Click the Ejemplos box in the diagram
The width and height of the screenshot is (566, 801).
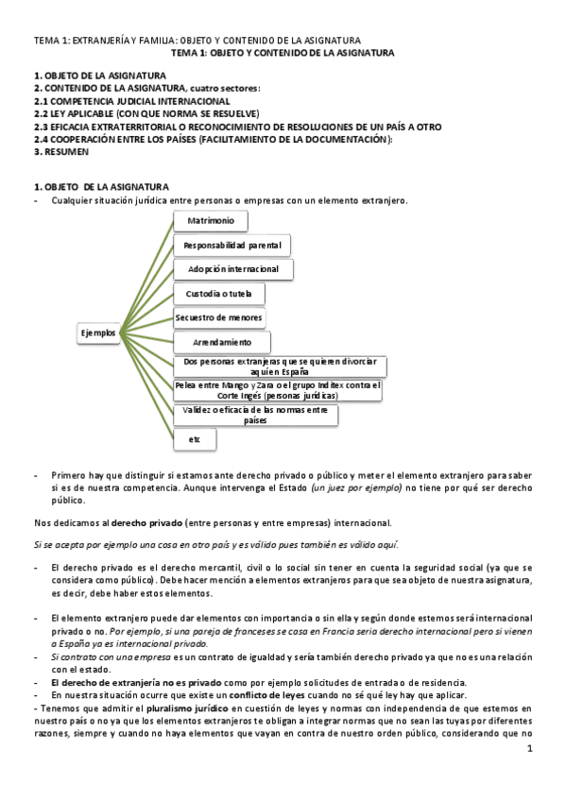click(x=99, y=332)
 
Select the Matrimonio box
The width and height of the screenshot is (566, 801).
click(x=211, y=220)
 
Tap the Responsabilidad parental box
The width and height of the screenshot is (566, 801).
click(x=232, y=245)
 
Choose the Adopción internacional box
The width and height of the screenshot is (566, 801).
click(x=232, y=269)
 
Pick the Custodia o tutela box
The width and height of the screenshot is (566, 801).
click(x=219, y=294)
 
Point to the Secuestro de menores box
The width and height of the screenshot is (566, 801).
click(x=219, y=317)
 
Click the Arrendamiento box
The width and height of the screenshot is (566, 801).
click(x=222, y=342)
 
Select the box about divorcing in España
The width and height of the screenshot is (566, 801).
click(x=281, y=366)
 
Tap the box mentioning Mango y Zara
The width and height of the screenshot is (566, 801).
click(x=279, y=390)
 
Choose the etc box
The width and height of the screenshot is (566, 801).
click(x=195, y=439)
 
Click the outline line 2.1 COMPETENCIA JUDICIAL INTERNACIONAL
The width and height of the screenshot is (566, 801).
click(x=131, y=101)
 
